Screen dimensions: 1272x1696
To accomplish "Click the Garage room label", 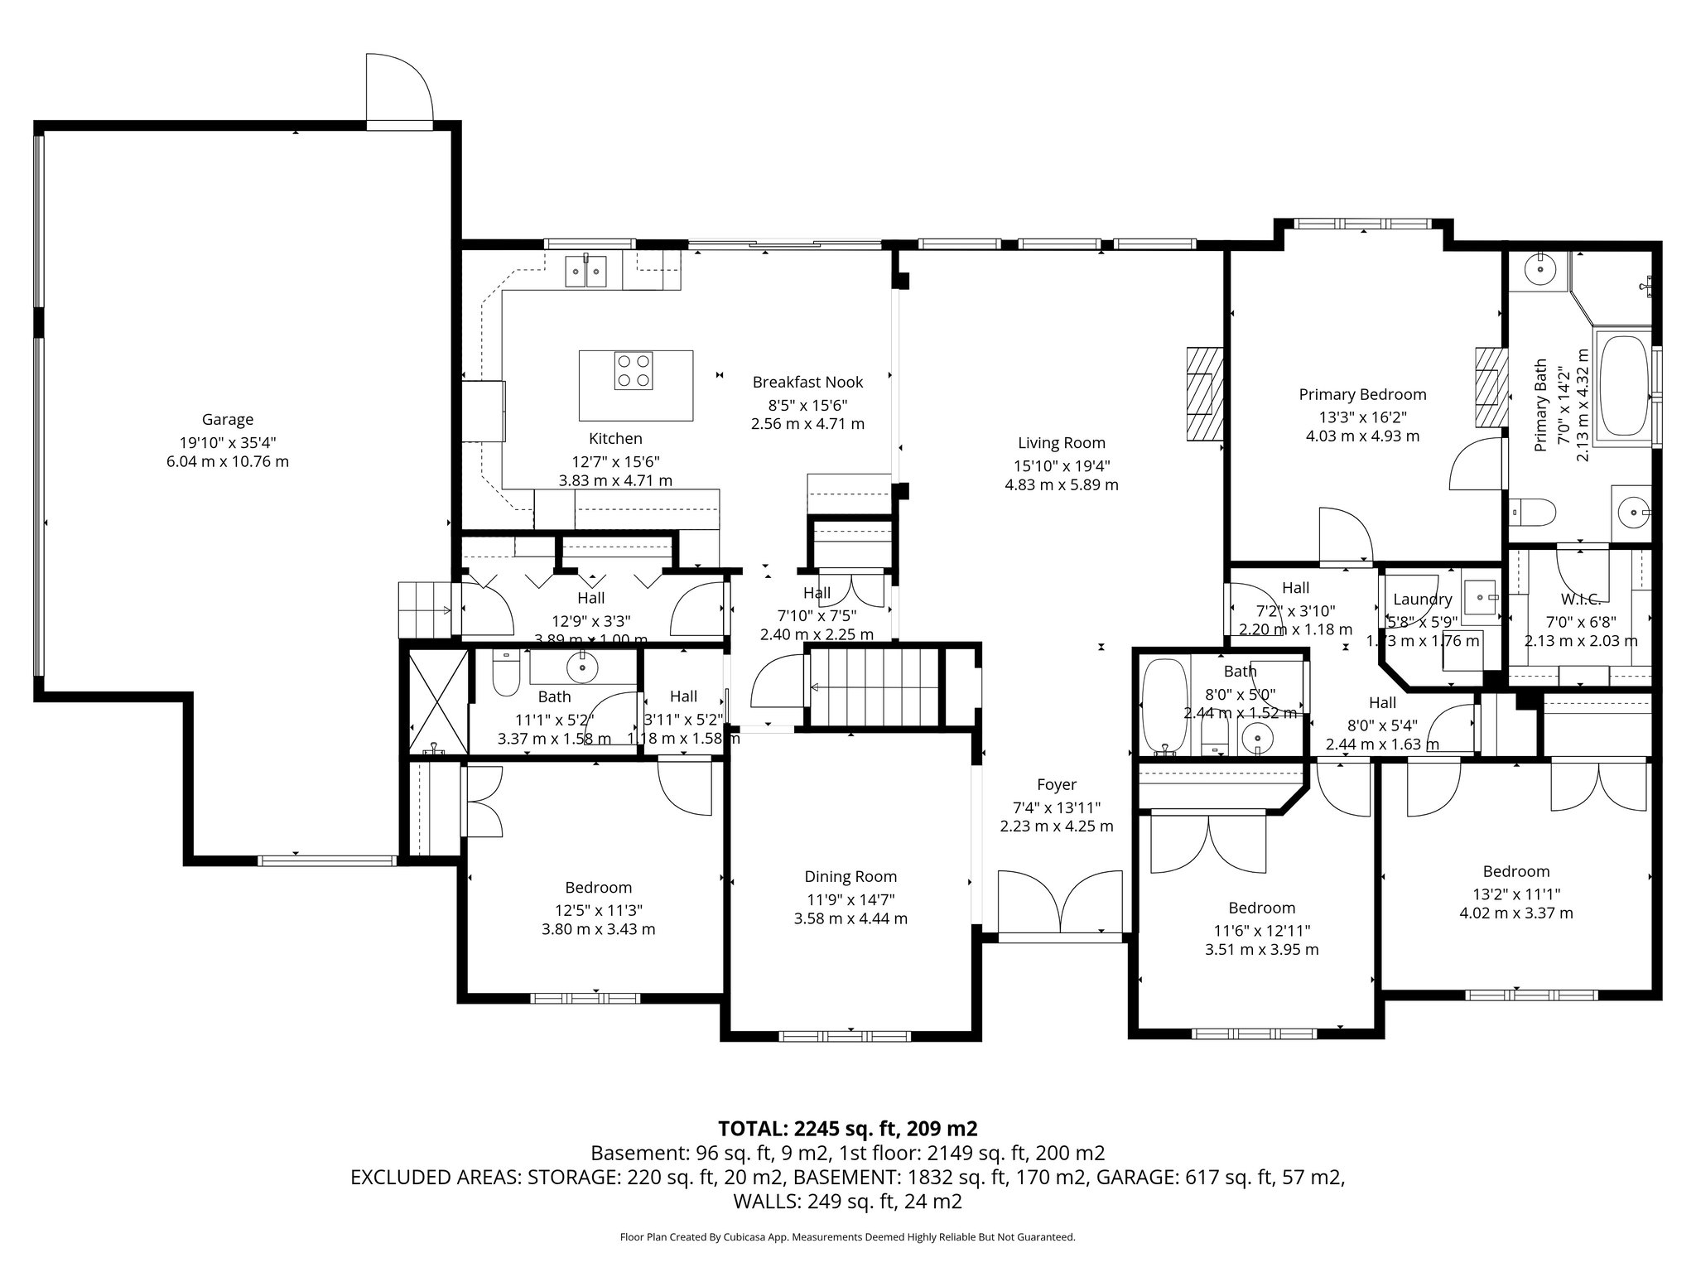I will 227,420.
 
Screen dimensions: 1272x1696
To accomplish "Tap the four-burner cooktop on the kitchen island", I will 633,370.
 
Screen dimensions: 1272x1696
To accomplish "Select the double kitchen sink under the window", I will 585,270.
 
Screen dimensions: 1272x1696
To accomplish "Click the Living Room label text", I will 1061,443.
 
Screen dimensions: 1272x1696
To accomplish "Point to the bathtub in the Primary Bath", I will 1625,386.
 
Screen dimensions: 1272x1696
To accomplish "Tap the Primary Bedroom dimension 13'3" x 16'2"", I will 1362,417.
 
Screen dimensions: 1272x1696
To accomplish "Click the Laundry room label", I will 1422,600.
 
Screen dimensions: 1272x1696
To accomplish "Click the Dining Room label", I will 850,877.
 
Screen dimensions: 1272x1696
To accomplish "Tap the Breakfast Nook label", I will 807,382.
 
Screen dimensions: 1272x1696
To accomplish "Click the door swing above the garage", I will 399,89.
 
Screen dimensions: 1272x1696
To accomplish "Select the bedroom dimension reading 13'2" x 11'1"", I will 1515,893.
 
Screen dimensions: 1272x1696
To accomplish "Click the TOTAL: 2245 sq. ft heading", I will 847,1129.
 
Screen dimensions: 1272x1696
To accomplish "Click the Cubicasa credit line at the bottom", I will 847,1237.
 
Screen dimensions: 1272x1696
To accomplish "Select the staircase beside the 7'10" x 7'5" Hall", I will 873,687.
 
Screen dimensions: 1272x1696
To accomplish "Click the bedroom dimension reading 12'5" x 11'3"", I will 598,909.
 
